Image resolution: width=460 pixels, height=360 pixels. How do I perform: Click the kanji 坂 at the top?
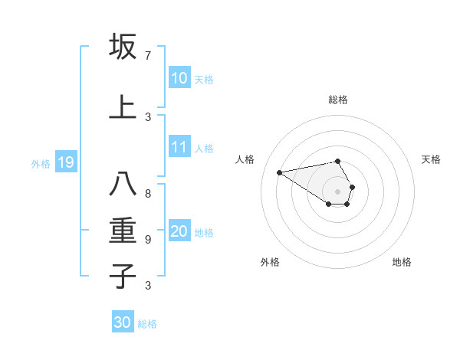point(123,47)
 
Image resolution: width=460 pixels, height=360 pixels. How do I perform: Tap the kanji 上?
point(123,106)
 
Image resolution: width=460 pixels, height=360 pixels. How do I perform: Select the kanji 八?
point(123,185)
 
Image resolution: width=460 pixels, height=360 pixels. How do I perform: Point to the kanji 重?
point(123,230)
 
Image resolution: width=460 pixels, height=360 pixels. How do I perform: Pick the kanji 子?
point(123,276)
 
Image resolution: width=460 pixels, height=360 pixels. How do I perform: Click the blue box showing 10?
point(179,78)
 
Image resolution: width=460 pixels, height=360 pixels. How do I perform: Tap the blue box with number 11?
point(179,148)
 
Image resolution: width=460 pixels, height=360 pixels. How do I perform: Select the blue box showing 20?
point(179,232)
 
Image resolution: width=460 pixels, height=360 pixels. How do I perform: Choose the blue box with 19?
point(65,162)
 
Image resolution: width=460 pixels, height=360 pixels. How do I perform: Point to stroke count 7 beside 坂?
point(148,56)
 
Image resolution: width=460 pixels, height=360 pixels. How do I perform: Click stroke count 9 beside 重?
point(148,240)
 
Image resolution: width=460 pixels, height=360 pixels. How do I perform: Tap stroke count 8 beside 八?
point(148,194)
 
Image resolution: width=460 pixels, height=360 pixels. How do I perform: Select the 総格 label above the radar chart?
point(338,100)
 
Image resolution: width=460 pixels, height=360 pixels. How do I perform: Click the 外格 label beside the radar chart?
point(270,262)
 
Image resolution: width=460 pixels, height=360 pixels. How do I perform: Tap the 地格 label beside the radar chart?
point(402,262)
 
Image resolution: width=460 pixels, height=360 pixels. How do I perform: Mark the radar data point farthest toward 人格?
point(279,172)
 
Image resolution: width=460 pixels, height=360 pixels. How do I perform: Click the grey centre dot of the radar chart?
point(338,191)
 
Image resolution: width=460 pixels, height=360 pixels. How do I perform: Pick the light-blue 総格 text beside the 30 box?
point(147,324)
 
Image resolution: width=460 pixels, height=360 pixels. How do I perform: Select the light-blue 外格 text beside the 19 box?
point(40,163)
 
